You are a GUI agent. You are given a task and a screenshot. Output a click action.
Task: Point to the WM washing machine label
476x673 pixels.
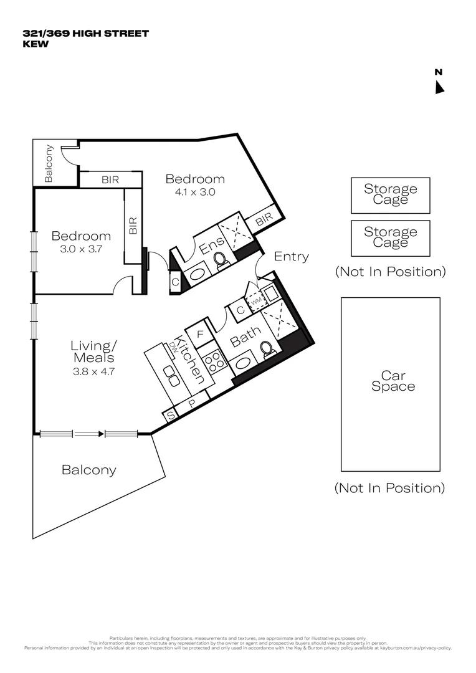(x=255, y=301)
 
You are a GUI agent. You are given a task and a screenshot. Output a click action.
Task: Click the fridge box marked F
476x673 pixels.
(x=200, y=335)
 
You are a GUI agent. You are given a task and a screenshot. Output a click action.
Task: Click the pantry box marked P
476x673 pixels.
(x=192, y=403)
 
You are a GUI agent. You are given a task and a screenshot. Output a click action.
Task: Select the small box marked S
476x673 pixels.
(x=169, y=414)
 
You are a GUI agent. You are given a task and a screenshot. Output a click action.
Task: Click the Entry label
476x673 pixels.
(x=291, y=256)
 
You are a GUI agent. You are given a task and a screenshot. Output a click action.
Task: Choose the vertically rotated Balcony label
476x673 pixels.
(x=49, y=163)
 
